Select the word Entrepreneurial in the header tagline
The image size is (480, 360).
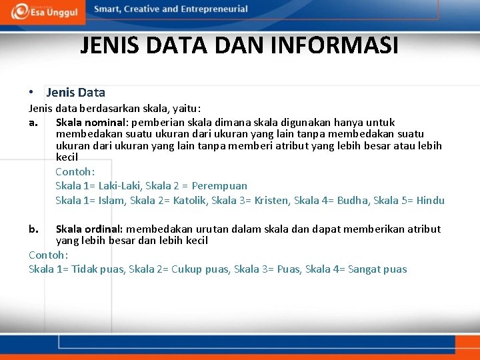[x=212, y=9]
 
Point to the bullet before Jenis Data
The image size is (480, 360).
[x=32, y=93]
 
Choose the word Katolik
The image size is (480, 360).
[x=189, y=201]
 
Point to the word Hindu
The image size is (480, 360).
[x=431, y=201]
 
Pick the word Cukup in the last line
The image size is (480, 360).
[x=187, y=270]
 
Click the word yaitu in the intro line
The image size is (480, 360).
[x=188, y=108]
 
